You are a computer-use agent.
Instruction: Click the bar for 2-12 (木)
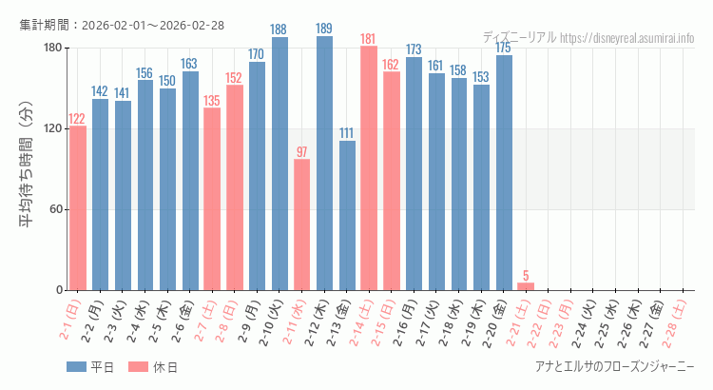pyautogui.click(x=324, y=163)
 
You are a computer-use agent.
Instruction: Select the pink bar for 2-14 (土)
pyautogui.click(x=369, y=167)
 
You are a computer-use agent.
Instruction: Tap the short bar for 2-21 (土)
pyautogui.click(x=526, y=286)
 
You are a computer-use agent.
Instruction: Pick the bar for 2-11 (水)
pyautogui.click(x=301, y=224)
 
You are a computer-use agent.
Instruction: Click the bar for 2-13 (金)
pyautogui.click(x=347, y=215)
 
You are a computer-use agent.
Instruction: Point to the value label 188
pyautogui.click(x=279, y=29)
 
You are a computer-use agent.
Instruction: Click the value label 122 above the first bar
pyautogui.click(x=77, y=119)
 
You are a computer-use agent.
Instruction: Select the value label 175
pyautogui.click(x=504, y=48)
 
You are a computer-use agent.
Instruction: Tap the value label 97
pyautogui.click(x=301, y=152)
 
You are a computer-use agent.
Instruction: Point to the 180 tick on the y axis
pyautogui.click(x=51, y=48)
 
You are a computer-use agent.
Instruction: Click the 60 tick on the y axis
pyautogui.click(x=55, y=209)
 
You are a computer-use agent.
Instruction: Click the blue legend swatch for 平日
pyautogui.click(x=77, y=367)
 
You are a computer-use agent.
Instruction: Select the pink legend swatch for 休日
pyautogui.click(x=138, y=367)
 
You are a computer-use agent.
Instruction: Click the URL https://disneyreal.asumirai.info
pyautogui.click(x=627, y=38)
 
